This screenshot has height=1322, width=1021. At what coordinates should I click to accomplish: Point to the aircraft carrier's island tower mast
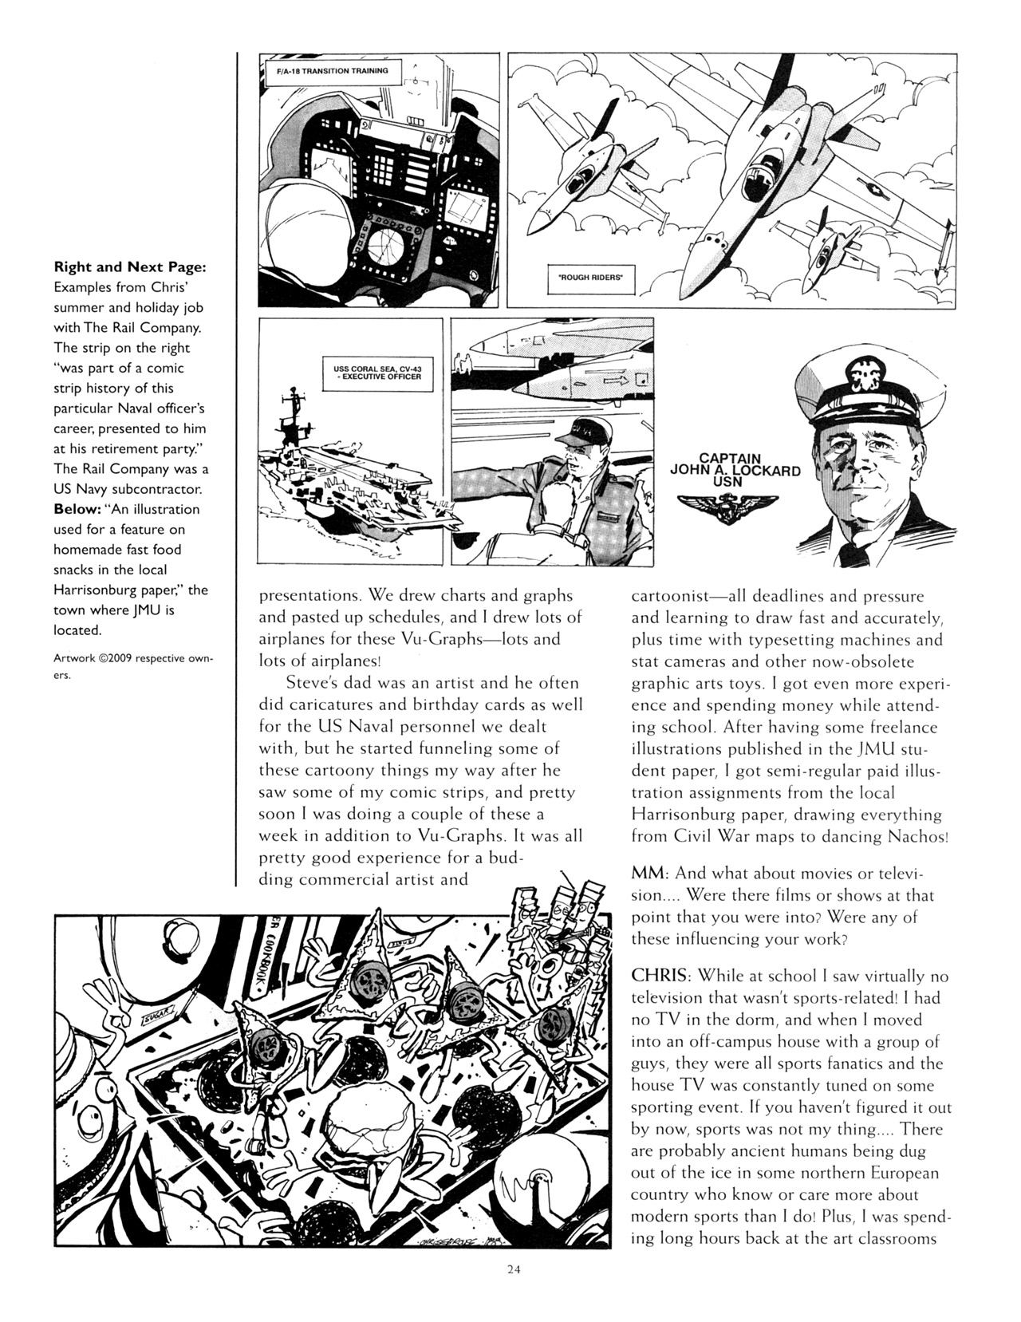click(293, 407)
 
